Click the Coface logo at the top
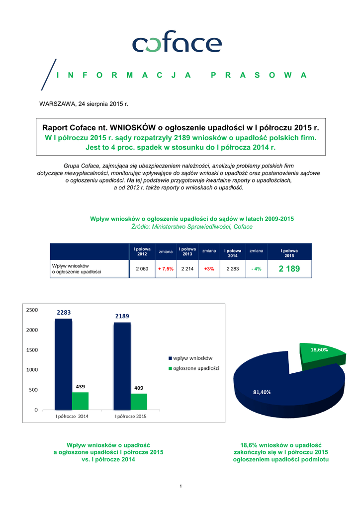(177, 42)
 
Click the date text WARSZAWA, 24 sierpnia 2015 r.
(84, 104)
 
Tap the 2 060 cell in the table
(142, 268)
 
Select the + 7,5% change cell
(166, 268)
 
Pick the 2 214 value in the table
(187, 268)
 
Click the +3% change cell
(209, 268)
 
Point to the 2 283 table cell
(233, 268)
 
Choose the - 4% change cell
(256, 268)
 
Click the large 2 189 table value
(289, 269)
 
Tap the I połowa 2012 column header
(142, 252)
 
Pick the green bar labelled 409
(139, 402)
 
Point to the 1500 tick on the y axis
(31, 349)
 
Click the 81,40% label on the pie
(262, 392)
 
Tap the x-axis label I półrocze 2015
(130, 417)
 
